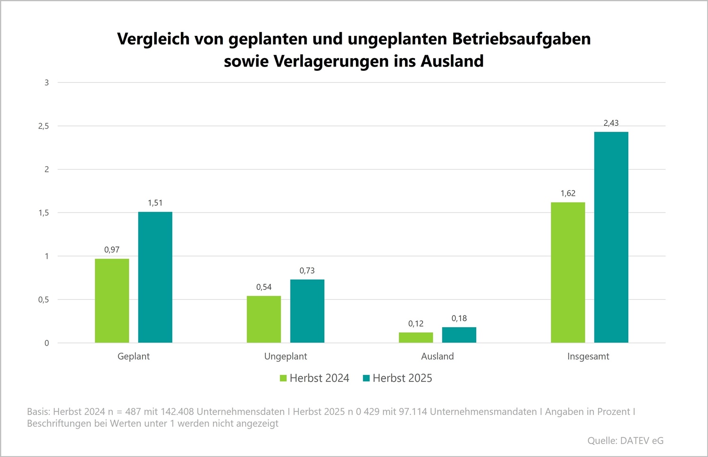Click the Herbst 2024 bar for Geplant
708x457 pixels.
pyautogui.click(x=112, y=301)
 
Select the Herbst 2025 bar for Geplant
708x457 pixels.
pyautogui.click(x=155, y=277)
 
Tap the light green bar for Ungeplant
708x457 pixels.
pyautogui.click(x=264, y=319)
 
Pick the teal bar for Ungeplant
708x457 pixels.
pyautogui.click(x=307, y=311)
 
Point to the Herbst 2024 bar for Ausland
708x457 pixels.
pyautogui.click(x=416, y=338)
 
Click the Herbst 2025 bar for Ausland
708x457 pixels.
pyautogui.click(x=459, y=335)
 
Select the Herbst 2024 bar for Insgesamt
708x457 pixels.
pyautogui.click(x=568, y=272)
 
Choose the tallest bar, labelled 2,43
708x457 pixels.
pyautogui.click(x=611, y=237)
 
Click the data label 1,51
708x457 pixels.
pyautogui.click(x=155, y=203)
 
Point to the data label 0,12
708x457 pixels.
pyautogui.click(x=416, y=324)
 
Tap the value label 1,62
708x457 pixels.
pyautogui.click(x=568, y=194)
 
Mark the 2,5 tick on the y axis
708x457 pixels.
pyautogui.click(x=43, y=126)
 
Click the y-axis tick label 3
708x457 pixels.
pyautogui.click(x=47, y=83)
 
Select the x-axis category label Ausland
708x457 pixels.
pyautogui.click(x=438, y=356)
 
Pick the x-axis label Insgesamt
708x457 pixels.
pyautogui.click(x=588, y=356)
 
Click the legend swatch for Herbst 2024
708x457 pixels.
pyautogui.click(x=283, y=378)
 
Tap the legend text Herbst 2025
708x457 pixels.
pyautogui.click(x=402, y=378)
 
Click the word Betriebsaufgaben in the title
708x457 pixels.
pyautogui.click(x=522, y=39)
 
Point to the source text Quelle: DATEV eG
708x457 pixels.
pyautogui.click(x=625, y=440)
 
